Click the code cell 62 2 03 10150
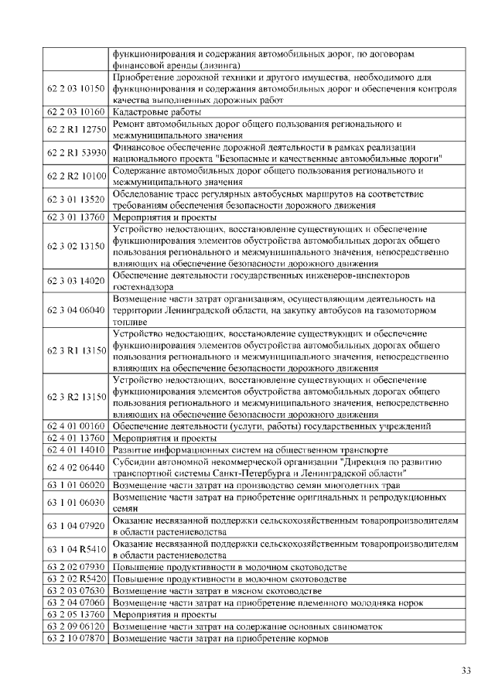click(x=76, y=89)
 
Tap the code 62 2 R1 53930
click(x=76, y=152)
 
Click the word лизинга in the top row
click(x=196, y=66)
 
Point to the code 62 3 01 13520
click(x=76, y=200)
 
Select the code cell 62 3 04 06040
click(x=76, y=310)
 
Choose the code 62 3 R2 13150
click(x=76, y=397)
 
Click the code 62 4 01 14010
click(x=76, y=449)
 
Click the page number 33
click(x=466, y=671)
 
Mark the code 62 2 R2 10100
click(x=76, y=176)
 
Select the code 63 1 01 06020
click(x=76, y=484)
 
